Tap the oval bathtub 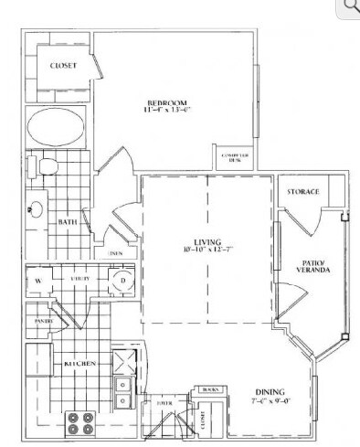(x=54, y=126)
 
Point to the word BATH (x=68, y=220)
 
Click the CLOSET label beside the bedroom (x=64, y=66)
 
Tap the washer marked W (x=40, y=281)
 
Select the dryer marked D (x=122, y=281)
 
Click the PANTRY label (x=43, y=322)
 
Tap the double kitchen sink (x=122, y=393)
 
